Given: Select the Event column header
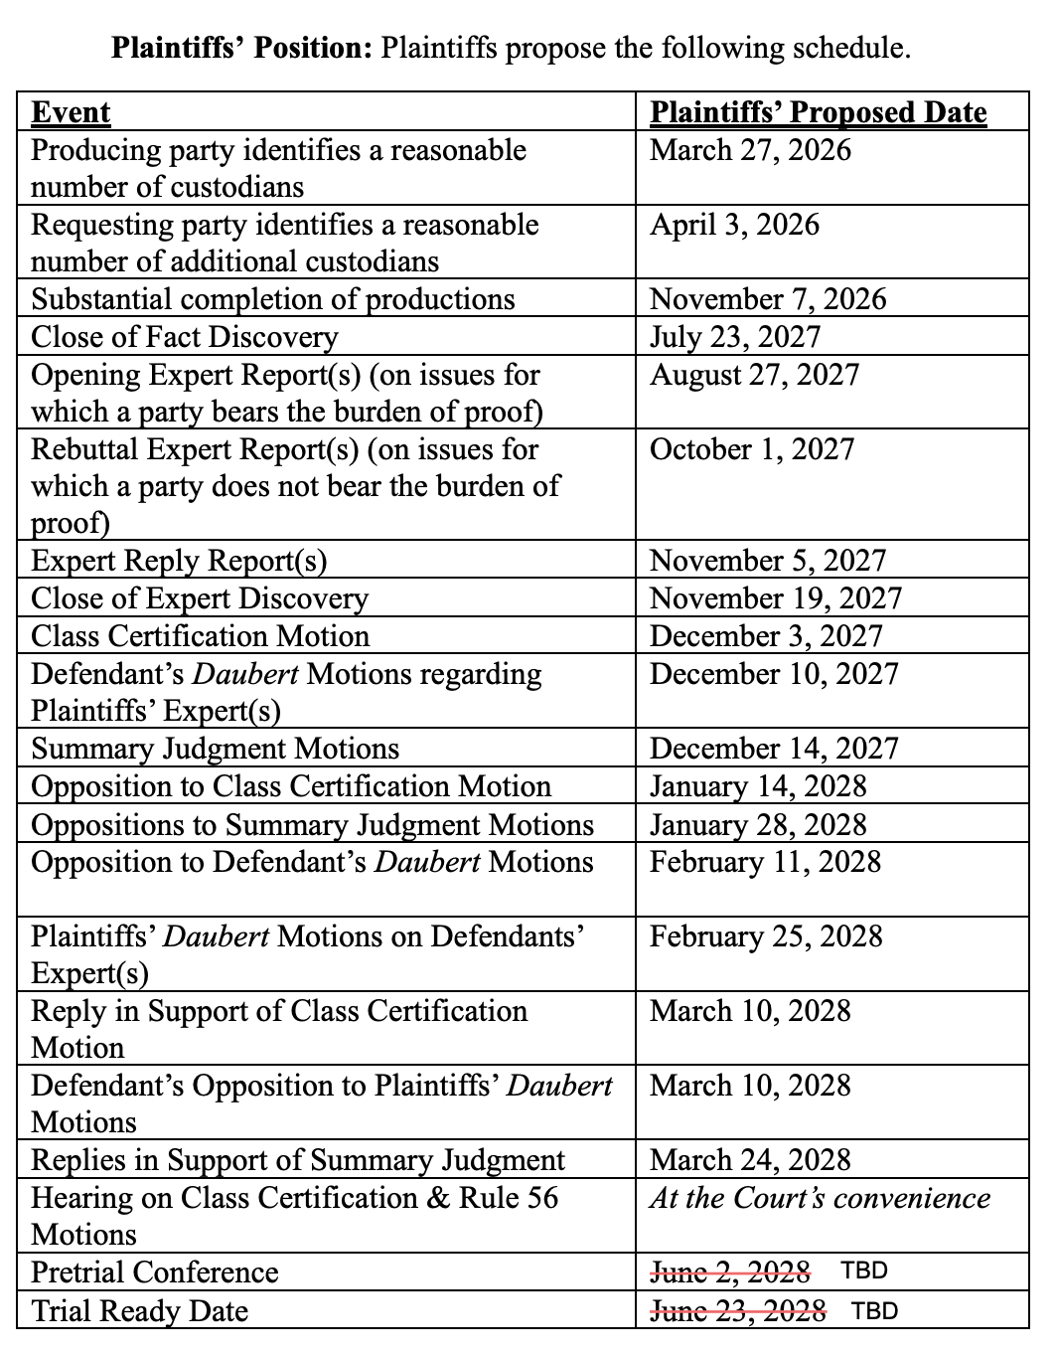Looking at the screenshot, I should [x=71, y=112].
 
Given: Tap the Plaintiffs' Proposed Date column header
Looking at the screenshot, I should [x=818, y=112].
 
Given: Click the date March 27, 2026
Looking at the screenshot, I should [x=750, y=150].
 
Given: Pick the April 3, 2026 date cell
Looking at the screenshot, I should [x=734, y=225].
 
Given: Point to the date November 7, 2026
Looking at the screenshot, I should [x=768, y=299].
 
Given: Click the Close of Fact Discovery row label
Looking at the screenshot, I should [x=185, y=337].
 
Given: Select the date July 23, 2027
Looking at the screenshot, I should [x=735, y=337].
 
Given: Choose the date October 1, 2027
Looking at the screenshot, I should [x=752, y=449].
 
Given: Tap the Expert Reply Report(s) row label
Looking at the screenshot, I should [x=179, y=561].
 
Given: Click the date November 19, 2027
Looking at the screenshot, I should [x=776, y=598].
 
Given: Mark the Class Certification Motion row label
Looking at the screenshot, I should [x=200, y=636].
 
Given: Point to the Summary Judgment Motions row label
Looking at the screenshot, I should [x=215, y=749].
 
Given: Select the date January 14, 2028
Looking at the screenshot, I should [x=758, y=786].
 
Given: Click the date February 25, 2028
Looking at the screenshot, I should [x=766, y=936].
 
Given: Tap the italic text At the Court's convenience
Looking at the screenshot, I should [x=820, y=1198].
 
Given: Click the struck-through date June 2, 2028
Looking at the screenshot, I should [x=729, y=1271].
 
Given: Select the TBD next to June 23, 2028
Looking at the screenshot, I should [x=874, y=1310].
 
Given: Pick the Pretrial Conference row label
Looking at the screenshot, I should [x=155, y=1272].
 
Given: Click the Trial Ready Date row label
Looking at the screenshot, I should [x=139, y=1310].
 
